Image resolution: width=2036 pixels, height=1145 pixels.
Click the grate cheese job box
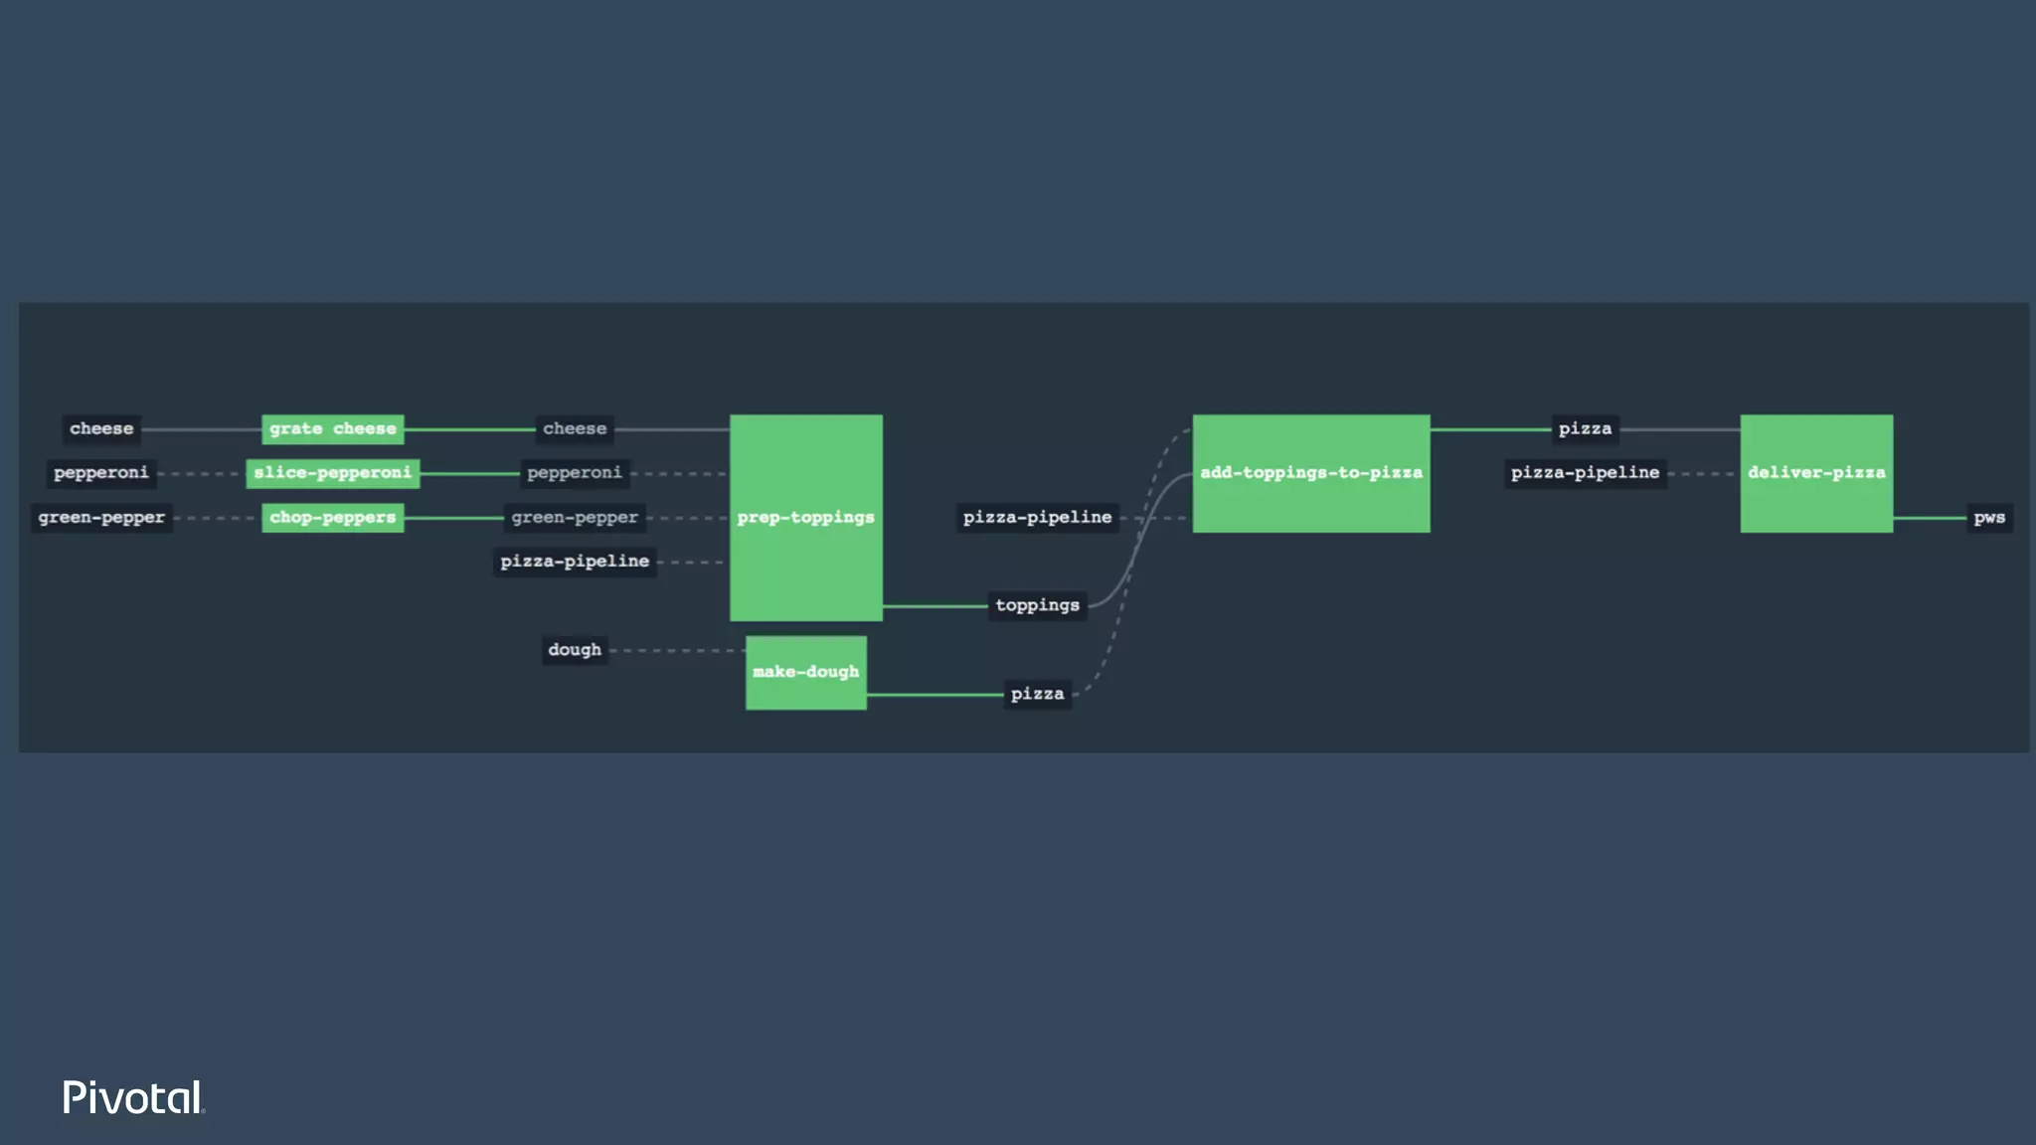click(x=332, y=429)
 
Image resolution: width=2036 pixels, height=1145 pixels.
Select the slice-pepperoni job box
click(x=332, y=473)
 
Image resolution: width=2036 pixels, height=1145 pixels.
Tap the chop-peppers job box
click(x=332, y=518)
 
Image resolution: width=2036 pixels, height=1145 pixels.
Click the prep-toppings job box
click(x=805, y=518)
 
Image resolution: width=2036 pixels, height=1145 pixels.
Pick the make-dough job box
click(x=805, y=673)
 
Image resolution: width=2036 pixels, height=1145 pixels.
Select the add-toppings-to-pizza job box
click(x=1310, y=473)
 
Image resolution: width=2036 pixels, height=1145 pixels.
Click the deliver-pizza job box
click(x=1815, y=473)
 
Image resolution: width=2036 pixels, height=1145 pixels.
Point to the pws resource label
click(x=1988, y=518)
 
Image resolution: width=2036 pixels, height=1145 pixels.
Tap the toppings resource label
click(x=1037, y=605)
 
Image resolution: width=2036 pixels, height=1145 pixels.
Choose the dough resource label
click(x=575, y=650)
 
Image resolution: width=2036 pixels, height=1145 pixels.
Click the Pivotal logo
click(x=133, y=1097)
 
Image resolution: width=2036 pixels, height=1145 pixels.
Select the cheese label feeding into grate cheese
click(x=101, y=429)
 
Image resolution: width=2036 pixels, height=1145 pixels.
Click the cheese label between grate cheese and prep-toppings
click(x=575, y=429)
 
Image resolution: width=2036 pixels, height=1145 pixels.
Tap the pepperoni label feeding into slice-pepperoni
click(x=101, y=473)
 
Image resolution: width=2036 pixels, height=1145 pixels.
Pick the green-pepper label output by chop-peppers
click(x=575, y=518)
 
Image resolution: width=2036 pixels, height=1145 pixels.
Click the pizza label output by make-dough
click(x=1037, y=694)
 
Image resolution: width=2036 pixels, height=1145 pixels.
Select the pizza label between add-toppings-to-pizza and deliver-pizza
click(x=1585, y=429)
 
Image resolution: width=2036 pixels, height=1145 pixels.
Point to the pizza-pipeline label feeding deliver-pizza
click(x=1585, y=473)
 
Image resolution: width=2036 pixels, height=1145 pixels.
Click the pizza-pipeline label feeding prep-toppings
click(x=575, y=562)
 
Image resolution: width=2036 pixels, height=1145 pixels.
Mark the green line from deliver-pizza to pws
click(x=1929, y=518)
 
